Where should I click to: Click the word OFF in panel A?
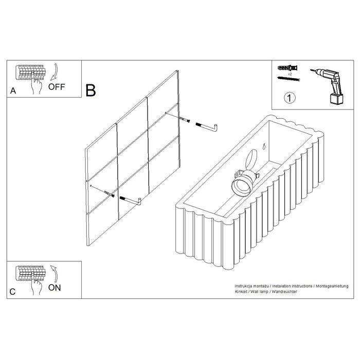[x=57, y=87]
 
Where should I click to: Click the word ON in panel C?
[x=55, y=287]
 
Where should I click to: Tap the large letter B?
[x=91, y=90]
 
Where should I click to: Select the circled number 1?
[x=290, y=98]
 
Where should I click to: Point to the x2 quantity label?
[x=290, y=74]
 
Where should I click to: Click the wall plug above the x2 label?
[x=288, y=68]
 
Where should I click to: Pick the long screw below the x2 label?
[x=289, y=79]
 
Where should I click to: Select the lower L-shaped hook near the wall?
[x=130, y=201]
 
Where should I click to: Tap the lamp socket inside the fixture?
[x=244, y=183]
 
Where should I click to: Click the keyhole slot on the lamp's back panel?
[x=264, y=146]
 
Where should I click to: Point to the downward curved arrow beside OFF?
[x=55, y=72]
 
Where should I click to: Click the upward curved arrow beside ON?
[x=55, y=274]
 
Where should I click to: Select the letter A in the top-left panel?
[x=13, y=91]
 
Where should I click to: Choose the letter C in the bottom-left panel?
[x=12, y=292]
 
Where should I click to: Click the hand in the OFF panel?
[x=37, y=84]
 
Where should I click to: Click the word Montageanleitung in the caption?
[x=332, y=286]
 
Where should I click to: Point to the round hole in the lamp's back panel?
[x=251, y=159]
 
